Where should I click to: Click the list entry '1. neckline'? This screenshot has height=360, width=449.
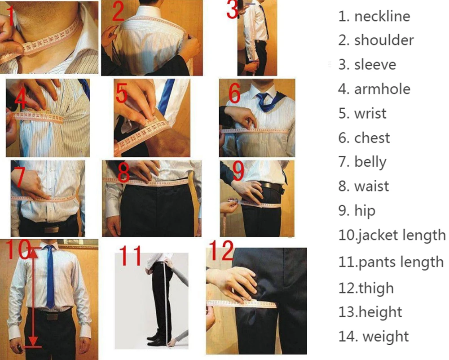pos(374,16)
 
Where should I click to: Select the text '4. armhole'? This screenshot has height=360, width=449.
pos(374,89)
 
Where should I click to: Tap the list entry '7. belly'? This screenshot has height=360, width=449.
pos(362,161)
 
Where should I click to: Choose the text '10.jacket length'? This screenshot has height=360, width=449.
pos(392,235)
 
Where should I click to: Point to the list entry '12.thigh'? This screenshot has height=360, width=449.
pos(366,288)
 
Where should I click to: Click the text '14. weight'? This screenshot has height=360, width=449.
pos(374,336)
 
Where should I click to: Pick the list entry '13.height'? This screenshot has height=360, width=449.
pos(370,312)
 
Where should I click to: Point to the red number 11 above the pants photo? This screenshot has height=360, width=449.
pos(131,256)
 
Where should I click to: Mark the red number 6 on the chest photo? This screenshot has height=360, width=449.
pos(234,93)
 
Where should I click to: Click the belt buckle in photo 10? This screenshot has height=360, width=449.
pos(53,316)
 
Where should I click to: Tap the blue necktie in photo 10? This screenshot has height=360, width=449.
pos(50,279)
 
